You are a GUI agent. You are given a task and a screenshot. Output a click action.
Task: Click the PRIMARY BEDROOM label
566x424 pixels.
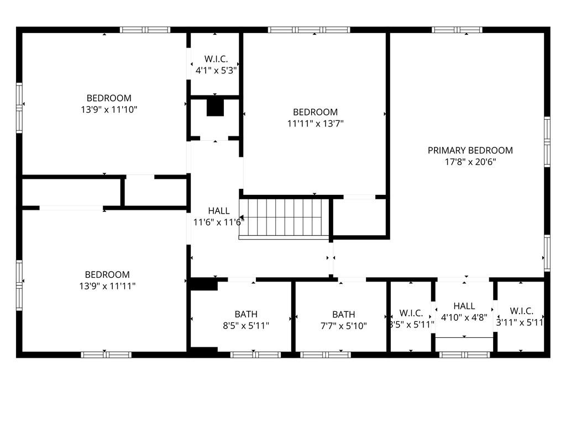pyautogui.click(x=470, y=150)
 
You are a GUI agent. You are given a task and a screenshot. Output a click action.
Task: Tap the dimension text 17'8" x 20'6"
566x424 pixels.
pyautogui.click(x=470, y=162)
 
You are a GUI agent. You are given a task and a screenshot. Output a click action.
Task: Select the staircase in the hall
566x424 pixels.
pyautogui.click(x=284, y=219)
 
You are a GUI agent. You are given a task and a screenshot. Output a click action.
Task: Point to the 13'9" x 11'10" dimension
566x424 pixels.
pyautogui.click(x=109, y=110)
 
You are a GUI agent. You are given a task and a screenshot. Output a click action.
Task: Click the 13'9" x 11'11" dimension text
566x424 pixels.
pyautogui.click(x=107, y=287)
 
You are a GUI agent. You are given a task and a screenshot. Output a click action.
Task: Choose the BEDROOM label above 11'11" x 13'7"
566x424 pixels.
pyautogui.click(x=315, y=112)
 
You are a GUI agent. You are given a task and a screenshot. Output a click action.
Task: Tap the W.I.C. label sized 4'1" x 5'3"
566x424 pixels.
pyautogui.click(x=216, y=59)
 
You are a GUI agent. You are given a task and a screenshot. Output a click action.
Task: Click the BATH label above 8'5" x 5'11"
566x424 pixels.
pyautogui.click(x=246, y=314)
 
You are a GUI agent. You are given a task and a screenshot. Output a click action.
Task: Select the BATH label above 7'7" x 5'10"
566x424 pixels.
pyautogui.click(x=344, y=314)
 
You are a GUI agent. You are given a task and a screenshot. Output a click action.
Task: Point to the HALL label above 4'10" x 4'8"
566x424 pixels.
pyautogui.click(x=464, y=306)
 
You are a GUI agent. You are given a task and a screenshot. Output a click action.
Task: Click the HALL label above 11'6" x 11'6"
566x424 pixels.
pyautogui.click(x=219, y=211)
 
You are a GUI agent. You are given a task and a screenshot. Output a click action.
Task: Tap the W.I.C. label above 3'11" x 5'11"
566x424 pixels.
pyautogui.click(x=522, y=311)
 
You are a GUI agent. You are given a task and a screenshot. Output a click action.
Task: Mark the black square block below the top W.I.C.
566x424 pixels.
pyautogui.click(x=215, y=108)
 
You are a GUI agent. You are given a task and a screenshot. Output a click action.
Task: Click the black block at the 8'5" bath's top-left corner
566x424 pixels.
pyautogui.click(x=204, y=284)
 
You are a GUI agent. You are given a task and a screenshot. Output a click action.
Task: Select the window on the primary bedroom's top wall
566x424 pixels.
pyautogui.click(x=457, y=30)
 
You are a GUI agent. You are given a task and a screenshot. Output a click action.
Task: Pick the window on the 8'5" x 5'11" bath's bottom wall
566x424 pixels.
pyautogui.click(x=255, y=355)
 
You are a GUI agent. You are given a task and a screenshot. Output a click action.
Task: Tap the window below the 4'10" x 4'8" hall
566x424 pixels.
pyautogui.click(x=464, y=355)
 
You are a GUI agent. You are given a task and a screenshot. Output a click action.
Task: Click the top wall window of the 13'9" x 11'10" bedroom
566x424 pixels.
pyautogui.click(x=145, y=30)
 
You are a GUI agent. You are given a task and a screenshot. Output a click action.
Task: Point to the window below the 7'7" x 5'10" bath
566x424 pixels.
pyautogui.click(x=326, y=355)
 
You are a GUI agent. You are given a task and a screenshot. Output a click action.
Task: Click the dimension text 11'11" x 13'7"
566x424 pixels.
pyautogui.click(x=315, y=124)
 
